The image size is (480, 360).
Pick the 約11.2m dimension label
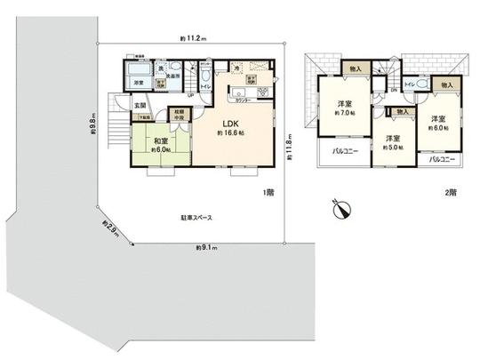point(192,39)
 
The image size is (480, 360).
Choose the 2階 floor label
point(452,192)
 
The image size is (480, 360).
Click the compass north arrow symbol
point(340,210)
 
